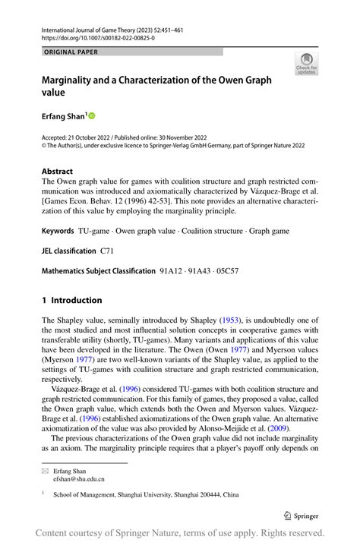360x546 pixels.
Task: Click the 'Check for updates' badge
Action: click(306, 63)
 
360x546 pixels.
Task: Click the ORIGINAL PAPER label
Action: click(71, 52)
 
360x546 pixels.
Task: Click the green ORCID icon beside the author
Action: click(93, 116)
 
